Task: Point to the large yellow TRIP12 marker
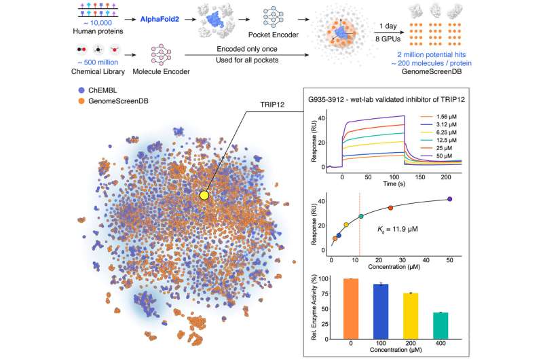(204, 196)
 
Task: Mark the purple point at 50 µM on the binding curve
(449, 199)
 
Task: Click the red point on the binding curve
(390, 208)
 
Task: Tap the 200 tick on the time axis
(442, 176)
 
